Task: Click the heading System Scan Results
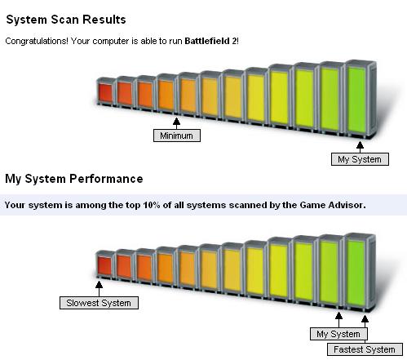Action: coord(66,20)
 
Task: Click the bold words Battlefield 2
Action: coord(210,41)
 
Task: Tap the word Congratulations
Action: coord(37,42)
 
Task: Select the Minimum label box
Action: coord(177,136)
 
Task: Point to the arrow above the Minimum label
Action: coord(176,123)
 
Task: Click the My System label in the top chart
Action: coord(360,159)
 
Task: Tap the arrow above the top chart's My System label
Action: coord(360,147)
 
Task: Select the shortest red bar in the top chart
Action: coord(105,92)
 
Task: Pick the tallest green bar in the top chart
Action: coord(361,99)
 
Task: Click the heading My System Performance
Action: coord(74,179)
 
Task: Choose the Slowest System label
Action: coord(99,303)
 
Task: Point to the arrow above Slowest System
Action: coord(99,289)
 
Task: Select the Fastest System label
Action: coord(365,349)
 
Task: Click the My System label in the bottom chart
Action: coord(338,334)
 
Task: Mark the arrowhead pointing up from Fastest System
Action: coord(365,319)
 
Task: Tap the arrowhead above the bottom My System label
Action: coord(338,316)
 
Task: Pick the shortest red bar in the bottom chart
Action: coord(105,265)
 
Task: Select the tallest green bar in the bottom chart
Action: coord(360,272)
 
